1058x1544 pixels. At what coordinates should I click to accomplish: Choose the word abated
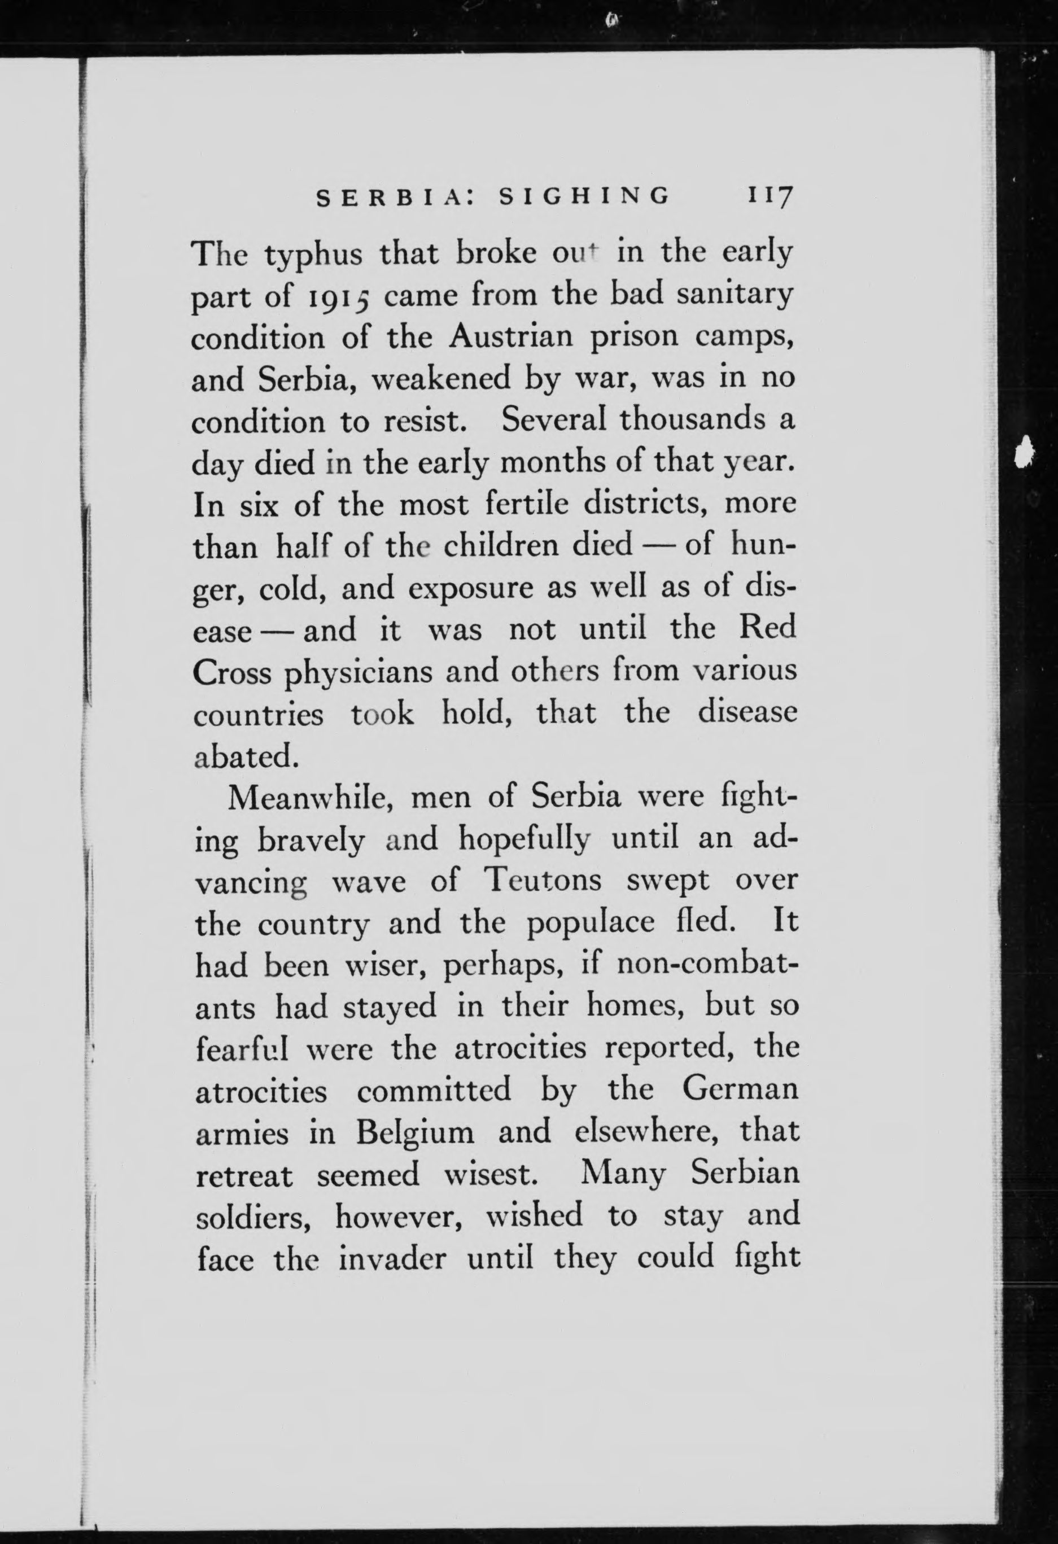click(x=243, y=756)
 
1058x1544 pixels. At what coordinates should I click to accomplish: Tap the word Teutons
click(x=543, y=882)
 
